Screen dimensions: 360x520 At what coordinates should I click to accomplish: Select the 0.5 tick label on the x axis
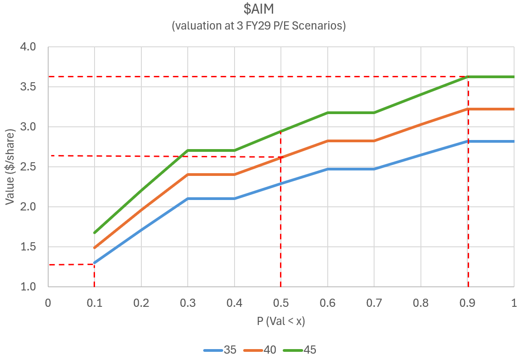pyautogui.click(x=280, y=303)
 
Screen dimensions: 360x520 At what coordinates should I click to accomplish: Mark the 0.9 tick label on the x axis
pyautogui.click(x=467, y=303)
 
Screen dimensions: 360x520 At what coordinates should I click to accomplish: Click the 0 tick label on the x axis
pyautogui.click(x=48, y=303)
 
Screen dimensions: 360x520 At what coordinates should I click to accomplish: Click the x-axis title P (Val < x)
pyautogui.click(x=280, y=322)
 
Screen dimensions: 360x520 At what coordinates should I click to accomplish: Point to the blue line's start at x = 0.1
pyautogui.click(x=95, y=263)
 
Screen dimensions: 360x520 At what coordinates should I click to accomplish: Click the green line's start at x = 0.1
pyautogui.click(x=95, y=233)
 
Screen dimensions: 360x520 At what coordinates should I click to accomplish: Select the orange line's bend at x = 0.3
pyautogui.click(x=188, y=175)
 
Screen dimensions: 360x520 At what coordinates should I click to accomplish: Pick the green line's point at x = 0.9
pyautogui.click(x=467, y=77)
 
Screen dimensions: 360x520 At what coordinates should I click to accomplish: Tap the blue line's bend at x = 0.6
pyautogui.click(x=327, y=169)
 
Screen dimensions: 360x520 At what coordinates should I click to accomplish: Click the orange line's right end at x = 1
pyautogui.click(x=514, y=109)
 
